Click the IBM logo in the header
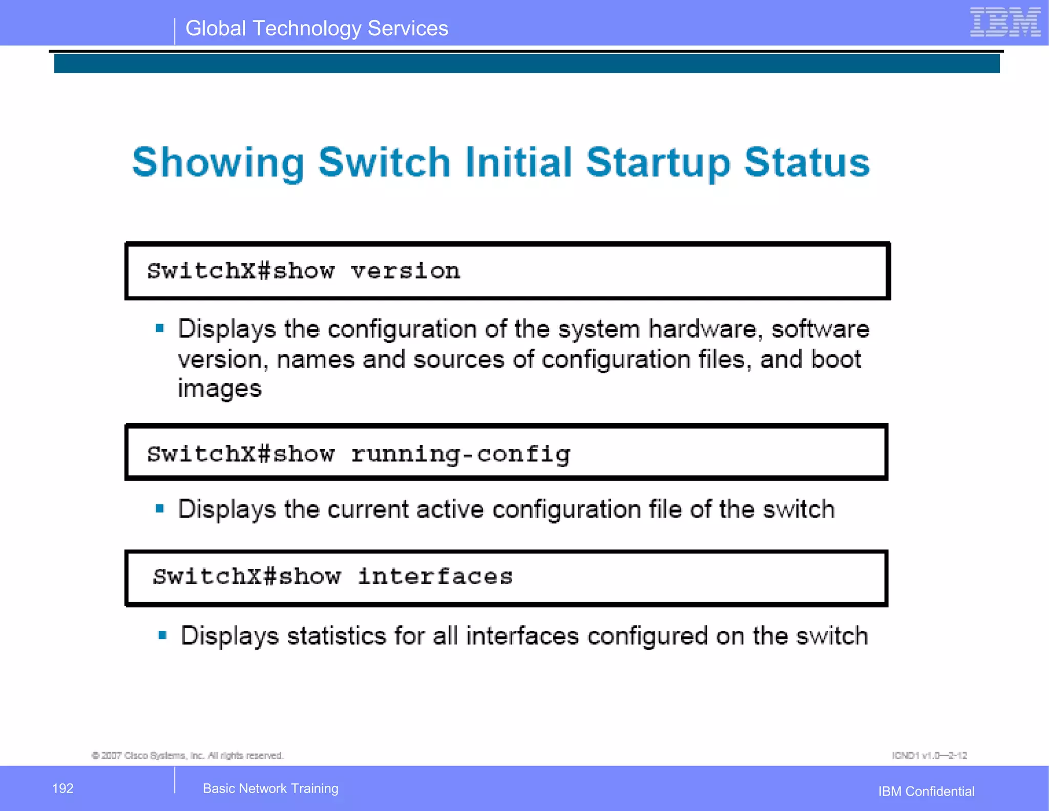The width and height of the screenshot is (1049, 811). (x=1005, y=23)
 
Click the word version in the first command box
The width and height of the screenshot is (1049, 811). (x=405, y=271)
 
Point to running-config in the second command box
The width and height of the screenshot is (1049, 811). (x=460, y=454)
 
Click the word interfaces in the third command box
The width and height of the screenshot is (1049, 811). (x=435, y=577)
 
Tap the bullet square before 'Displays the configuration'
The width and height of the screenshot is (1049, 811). (x=160, y=328)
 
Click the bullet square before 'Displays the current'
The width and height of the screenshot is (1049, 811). (x=160, y=509)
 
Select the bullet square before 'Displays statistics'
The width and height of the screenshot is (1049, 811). (x=162, y=635)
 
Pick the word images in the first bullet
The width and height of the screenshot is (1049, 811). (x=220, y=389)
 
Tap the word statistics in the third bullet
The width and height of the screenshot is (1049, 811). (x=336, y=636)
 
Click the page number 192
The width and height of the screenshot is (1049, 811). (x=63, y=788)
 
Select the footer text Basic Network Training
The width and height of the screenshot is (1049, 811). (x=270, y=788)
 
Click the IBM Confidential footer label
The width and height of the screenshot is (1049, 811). (x=926, y=792)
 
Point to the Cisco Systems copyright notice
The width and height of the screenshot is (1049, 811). (x=187, y=756)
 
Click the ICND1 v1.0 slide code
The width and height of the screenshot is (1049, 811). (x=929, y=756)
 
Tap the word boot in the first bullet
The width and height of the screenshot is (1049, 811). (x=836, y=359)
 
